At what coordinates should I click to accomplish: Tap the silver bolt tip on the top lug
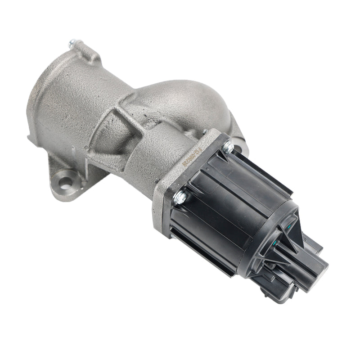[72, 44]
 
